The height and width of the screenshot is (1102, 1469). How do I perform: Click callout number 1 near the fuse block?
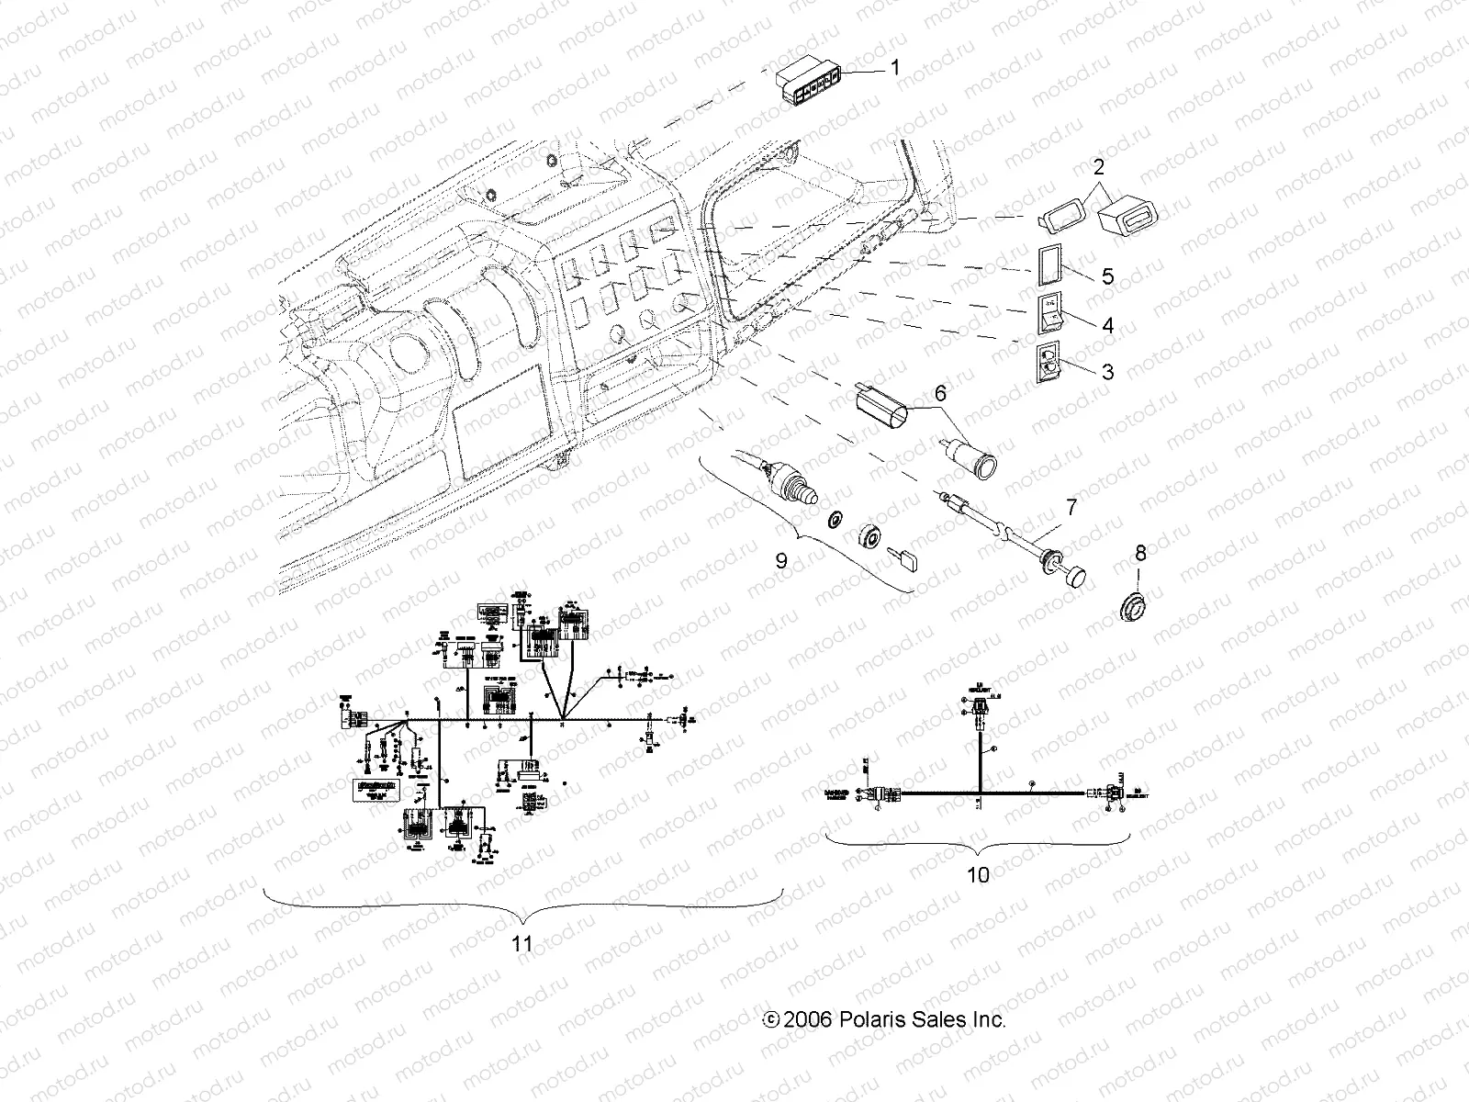click(895, 68)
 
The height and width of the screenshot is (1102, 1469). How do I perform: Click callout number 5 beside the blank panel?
click(1107, 276)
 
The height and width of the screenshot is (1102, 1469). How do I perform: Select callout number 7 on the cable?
click(1071, 506)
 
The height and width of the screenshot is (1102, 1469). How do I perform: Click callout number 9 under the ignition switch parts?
click(781, 560)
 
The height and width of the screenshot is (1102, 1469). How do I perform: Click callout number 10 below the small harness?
click(979, 874)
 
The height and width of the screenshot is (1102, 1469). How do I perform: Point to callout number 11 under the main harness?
click(521, 943)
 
